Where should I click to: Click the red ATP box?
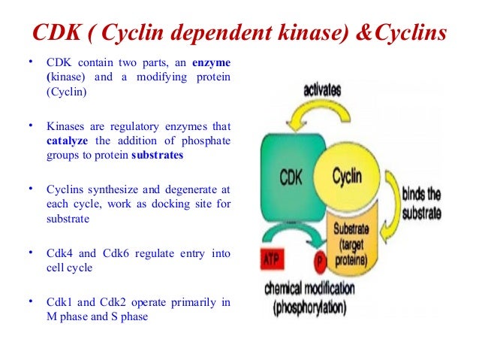click(x=272, y=259)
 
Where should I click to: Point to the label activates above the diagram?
click(x=321, y=89)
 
